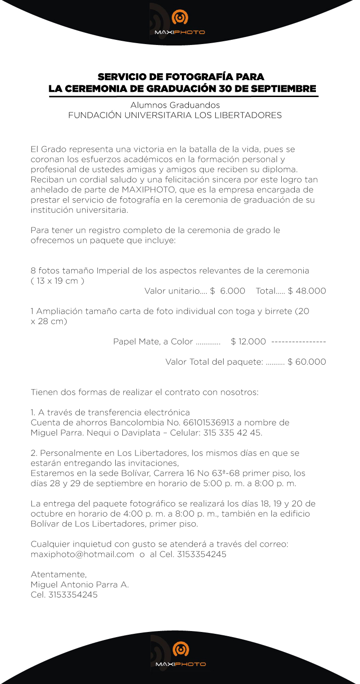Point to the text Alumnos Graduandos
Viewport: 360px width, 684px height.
coord(175,105)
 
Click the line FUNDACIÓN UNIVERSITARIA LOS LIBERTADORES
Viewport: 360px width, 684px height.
coord(175,115)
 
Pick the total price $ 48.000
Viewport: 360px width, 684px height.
coord(307,291)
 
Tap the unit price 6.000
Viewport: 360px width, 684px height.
coord(232,291)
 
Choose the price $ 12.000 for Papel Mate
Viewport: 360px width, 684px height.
coord(248,342)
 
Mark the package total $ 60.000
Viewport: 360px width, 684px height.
coord(307,362)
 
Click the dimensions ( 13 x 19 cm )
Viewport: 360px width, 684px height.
coord(57,281)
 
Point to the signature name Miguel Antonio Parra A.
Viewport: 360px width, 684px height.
coord(80,585)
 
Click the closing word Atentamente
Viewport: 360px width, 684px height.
coord(59,574)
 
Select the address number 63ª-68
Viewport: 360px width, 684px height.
coord(216,473)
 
